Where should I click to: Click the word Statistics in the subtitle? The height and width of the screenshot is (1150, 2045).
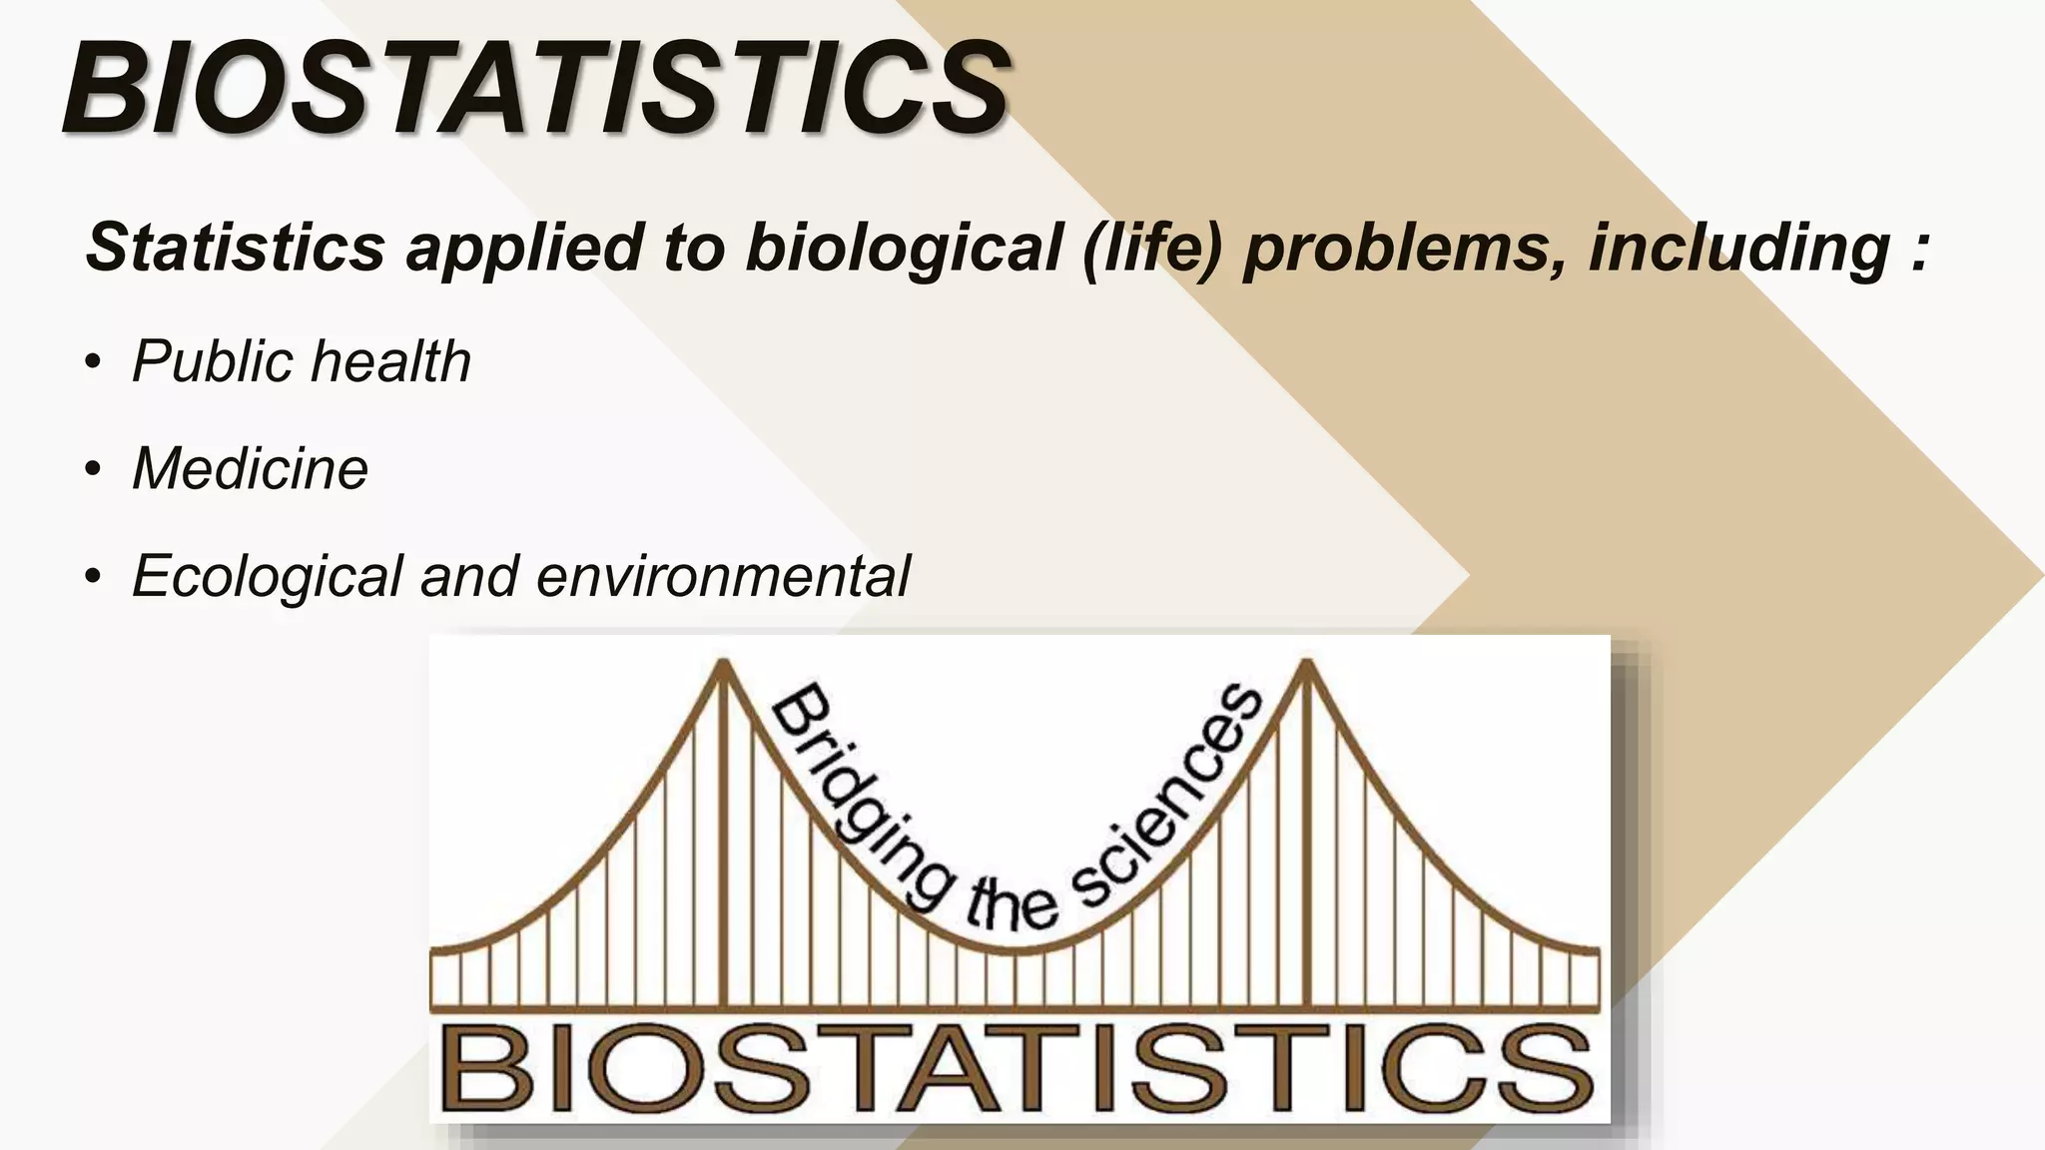coord(236,247)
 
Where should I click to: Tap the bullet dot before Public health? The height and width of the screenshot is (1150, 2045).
coord(93,361)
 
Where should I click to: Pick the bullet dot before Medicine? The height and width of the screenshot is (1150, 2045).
coord(93,469)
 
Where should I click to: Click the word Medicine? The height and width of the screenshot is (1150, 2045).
coord(250,468)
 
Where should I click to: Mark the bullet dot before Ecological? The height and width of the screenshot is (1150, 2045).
coord(93,577)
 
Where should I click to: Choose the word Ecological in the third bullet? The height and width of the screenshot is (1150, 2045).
coord(267,577)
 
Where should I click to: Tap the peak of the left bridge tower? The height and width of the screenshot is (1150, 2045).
coord(723,664)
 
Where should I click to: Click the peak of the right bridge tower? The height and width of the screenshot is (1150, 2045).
coord(1305,664)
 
